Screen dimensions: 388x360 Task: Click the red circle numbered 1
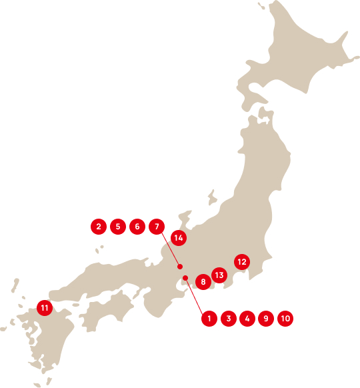(x=209, y=319)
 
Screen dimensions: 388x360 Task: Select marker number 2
(x=99, y=227)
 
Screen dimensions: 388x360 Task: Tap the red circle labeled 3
(x=229, y=319)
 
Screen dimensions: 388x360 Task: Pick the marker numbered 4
(x=247, y=319)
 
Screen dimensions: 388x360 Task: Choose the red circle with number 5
(x=117, y=227)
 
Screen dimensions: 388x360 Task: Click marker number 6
(x=137, y=227)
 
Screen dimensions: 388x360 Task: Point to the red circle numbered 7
(x=156, y=227)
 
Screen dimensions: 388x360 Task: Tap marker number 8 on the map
(x=203, y=283)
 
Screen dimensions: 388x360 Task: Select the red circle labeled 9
(x=266, y=319)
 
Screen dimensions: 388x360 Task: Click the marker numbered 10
(x=285, y=319)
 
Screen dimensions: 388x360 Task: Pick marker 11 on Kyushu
(x=45, y=308)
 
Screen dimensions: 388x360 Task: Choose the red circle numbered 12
(x=242, y=262)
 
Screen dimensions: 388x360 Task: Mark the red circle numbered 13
(x=219, y=275)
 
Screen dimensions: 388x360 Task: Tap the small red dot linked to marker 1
(x=185, y=278)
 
